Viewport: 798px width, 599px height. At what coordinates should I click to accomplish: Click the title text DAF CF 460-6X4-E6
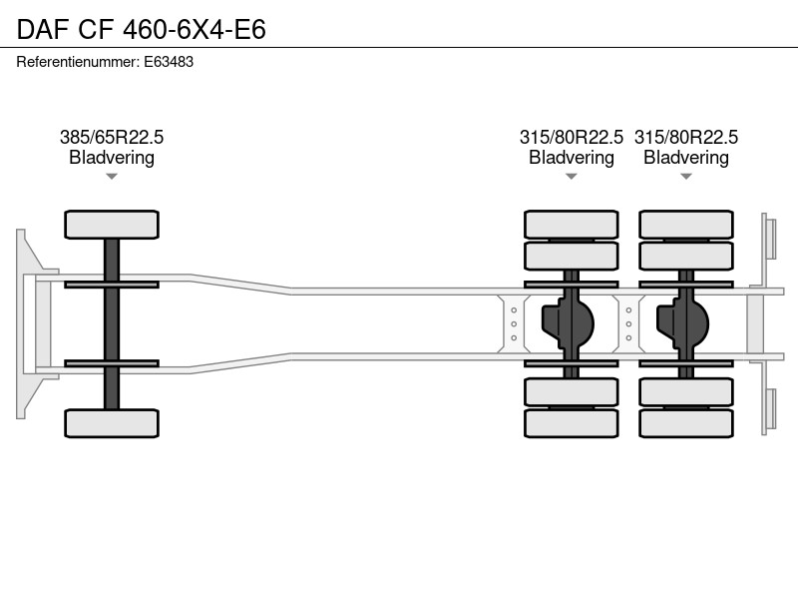coord(141,29)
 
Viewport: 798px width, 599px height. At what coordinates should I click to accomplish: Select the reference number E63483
coord(169,62)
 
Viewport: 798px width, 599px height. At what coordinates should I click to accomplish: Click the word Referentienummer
coord(78,62)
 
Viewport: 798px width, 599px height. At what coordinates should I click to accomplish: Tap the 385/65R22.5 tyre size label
coord(112,137)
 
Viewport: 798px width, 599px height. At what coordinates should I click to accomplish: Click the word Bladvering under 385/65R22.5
coord(112,158)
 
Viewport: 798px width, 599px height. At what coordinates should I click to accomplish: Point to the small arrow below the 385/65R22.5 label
coord(112,177)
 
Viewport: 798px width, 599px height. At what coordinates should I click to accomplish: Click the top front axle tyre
coord(112,224)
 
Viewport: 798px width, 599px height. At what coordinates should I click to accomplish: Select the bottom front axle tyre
coord(112,422)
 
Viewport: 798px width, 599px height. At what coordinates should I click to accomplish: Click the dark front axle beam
coord(112,323)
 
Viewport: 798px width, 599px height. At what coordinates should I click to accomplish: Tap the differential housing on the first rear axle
coord(568,323)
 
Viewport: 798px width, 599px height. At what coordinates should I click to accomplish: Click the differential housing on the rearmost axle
coord(683,323)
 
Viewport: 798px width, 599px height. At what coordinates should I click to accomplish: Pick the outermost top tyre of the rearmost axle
coord(686,224)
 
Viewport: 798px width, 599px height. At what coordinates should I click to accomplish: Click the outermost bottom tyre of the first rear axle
coord(571,422)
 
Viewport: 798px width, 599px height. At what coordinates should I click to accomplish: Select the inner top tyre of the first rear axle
coord(571,256)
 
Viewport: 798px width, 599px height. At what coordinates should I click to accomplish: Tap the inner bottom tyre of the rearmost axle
coord(686,391)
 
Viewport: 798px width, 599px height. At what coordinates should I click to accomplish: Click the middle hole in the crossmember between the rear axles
coord(628,323)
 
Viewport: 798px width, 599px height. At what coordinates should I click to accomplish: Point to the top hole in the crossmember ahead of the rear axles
coord(514,310)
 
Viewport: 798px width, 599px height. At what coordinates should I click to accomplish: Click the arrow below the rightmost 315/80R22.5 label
coord(686,177)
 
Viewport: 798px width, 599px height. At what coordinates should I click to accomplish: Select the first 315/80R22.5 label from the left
coord(571,137)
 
